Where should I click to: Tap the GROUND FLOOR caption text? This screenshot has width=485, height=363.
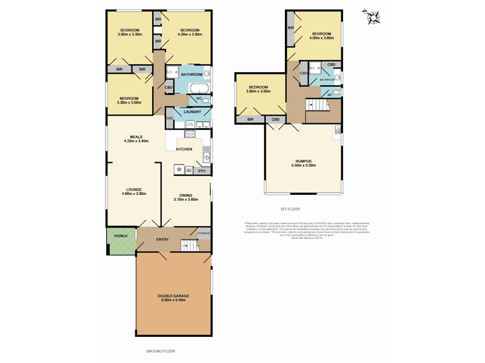160,351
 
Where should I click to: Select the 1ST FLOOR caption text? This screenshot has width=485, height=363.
290,209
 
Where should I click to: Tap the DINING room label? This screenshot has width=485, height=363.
186,197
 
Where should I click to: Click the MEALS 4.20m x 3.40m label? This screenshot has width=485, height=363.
136,139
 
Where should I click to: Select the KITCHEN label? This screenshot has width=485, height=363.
184,149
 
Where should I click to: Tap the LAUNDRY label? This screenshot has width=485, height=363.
192,112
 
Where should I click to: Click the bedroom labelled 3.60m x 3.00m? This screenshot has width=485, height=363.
258,90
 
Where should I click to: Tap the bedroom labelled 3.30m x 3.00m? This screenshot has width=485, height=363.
129,100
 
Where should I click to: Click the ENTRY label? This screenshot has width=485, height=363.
162,240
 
